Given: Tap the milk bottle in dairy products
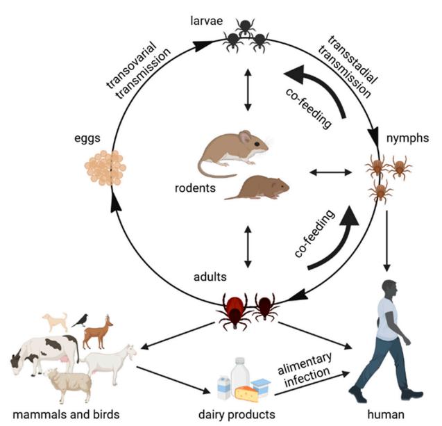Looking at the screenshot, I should (x=239, y=375).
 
